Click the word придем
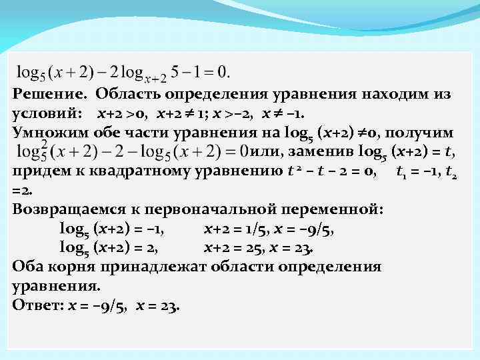coord(39,172)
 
